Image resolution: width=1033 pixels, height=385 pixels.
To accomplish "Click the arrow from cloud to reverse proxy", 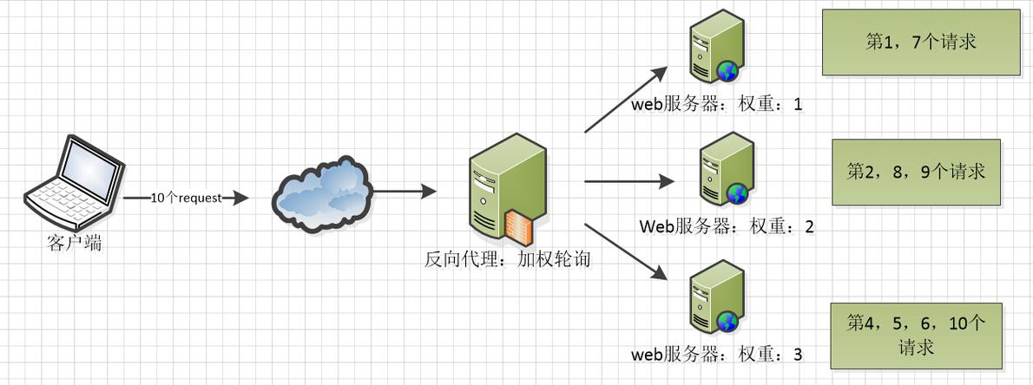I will tap(403, 190).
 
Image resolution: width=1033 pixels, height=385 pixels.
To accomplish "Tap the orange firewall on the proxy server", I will tap(519, 224).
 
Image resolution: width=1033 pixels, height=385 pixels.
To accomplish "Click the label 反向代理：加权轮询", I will tap(508, 258).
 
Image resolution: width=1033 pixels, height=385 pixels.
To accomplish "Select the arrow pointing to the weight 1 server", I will tap(625, 100).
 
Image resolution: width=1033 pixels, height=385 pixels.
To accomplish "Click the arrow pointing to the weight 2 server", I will tap(629, 181).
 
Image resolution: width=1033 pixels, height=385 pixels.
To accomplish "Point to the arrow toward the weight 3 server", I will tap(625, 251).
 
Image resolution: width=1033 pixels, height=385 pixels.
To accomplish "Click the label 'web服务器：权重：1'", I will tap(718, 105).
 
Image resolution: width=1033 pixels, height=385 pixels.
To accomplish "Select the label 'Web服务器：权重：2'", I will tap(727, 227).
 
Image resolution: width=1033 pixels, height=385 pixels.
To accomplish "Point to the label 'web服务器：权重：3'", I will tap(718, 355).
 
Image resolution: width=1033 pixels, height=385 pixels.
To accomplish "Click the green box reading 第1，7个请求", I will tap(920, 42).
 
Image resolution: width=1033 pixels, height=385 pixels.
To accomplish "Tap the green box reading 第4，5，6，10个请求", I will tap(916, 336).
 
